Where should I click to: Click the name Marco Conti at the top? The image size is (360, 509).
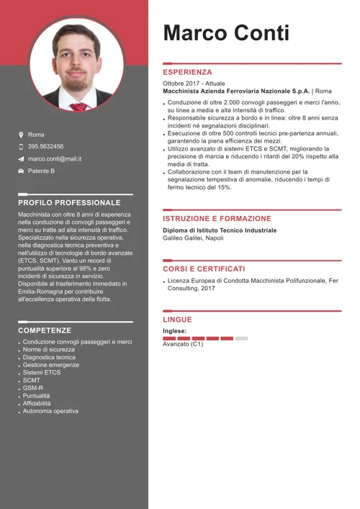pos(226,33)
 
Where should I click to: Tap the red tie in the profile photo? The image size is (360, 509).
pos(79,107)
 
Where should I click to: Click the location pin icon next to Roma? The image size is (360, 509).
pos(21,135)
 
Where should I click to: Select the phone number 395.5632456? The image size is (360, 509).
pos(45,146)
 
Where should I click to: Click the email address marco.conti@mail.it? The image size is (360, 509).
pos(54,158)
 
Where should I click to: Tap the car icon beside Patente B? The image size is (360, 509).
pos(21,171)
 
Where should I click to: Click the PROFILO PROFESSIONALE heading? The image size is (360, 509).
pos(69,203)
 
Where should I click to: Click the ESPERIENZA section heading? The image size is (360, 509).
pos(187,73)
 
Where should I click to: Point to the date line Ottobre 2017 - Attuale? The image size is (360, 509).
pos(194,84)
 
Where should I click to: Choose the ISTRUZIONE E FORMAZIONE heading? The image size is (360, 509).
pos(217,219)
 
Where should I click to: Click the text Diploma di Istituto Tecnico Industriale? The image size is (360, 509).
pos(219,230)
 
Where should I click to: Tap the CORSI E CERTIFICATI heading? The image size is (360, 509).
pos(204,269)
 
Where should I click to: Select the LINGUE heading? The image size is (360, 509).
pos(177,320)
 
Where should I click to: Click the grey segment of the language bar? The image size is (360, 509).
pos(241,338)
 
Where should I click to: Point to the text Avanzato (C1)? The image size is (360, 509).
pos(183,344)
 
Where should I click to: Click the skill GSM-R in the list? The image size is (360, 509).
pos(33,388)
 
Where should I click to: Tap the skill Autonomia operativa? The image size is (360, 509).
pos(50,411)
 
